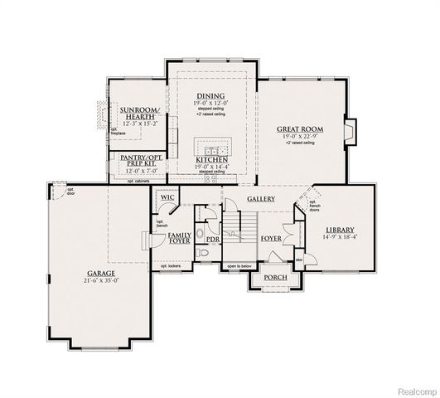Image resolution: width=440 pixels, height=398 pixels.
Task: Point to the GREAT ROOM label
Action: click(300, 129)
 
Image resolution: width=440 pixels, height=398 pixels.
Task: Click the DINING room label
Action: click(210, 96)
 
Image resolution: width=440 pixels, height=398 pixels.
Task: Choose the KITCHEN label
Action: click(210, 160)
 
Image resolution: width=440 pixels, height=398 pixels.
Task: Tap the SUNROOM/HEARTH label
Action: click(138, 114)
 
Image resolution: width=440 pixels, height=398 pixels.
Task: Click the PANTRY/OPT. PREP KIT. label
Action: click(138, 157)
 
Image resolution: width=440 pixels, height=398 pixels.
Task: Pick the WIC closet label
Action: click(167, 197)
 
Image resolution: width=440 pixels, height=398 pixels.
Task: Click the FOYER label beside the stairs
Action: click(271, 238)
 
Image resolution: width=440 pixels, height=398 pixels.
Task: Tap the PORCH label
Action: click(274, 278)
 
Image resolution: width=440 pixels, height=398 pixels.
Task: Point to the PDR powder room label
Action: click(213, 240)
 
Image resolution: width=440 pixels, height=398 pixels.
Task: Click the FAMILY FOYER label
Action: click(180, 240)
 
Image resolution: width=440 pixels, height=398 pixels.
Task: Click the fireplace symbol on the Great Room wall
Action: click(351, 129)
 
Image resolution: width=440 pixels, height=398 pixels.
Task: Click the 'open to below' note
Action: click(239, 266)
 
